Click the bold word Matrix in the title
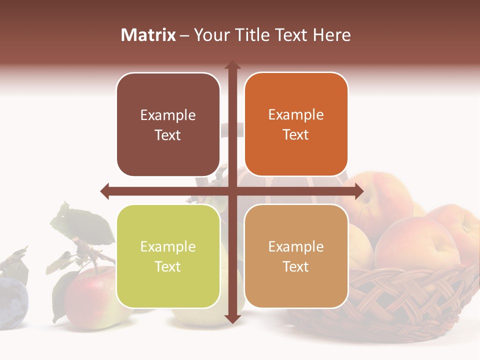(x=148, y=35)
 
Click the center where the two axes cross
(x=232, y=191)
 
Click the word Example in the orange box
(x=296, y=115)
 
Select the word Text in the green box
(x=168, y=266)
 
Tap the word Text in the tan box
(x=296, y=266)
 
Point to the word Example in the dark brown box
(x=168, y=115)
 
